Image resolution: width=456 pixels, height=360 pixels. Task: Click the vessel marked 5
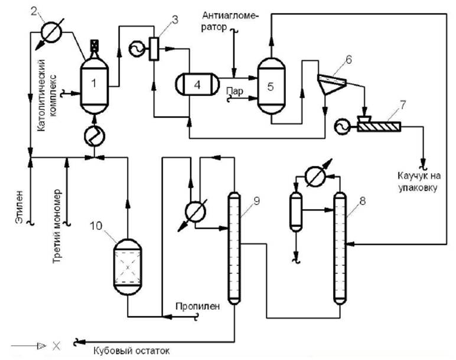(271, 86)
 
